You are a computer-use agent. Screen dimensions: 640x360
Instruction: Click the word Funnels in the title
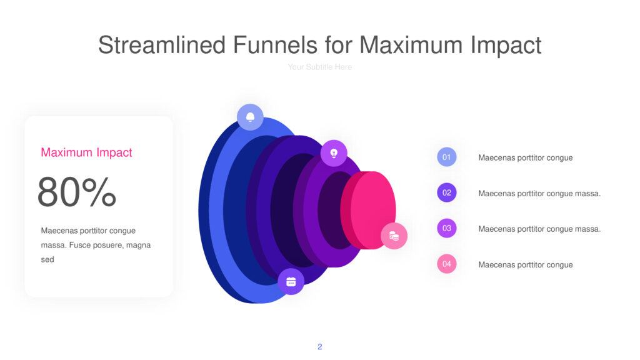[275, 44]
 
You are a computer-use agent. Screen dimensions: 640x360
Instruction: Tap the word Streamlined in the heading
[162, 44]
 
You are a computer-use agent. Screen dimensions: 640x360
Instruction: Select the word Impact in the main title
[506, 45]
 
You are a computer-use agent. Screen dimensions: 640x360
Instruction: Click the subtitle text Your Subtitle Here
[319, 67]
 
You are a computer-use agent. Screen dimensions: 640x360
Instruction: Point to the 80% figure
[77, 192]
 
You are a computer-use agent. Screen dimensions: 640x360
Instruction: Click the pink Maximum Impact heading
[86, 152]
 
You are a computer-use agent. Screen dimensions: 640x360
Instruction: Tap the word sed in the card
[47, 259]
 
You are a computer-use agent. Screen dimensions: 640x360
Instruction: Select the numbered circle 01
[446, 157]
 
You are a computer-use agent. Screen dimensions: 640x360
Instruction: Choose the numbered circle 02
[446, 192]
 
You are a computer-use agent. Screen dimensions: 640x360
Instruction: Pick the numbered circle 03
[446, 228]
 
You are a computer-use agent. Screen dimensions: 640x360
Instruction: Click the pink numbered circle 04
[446, 264]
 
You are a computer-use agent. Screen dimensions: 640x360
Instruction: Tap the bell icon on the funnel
[250, 117]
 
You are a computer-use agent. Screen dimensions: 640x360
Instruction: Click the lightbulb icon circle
[334, 154]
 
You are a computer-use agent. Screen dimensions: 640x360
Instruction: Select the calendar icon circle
[291, 282]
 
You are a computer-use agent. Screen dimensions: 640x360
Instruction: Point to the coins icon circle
[394, 236]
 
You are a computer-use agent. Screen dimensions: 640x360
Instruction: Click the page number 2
[319, 346]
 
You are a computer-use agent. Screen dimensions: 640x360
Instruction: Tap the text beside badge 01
[525, 158]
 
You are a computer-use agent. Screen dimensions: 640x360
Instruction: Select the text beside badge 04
[525, 265]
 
